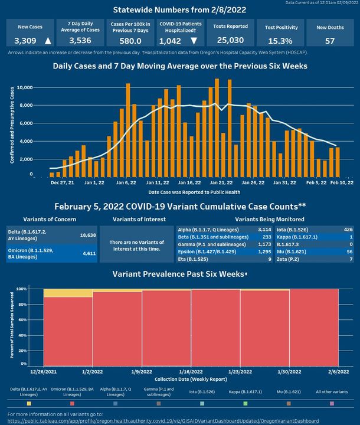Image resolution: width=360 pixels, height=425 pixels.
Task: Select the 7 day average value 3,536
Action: click(80, 41)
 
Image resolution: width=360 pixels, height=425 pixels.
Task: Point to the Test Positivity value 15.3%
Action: click(279, 41)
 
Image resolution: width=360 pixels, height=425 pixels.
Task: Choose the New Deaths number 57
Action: click(330, 41)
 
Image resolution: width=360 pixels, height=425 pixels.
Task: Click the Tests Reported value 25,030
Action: click(230, 41)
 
